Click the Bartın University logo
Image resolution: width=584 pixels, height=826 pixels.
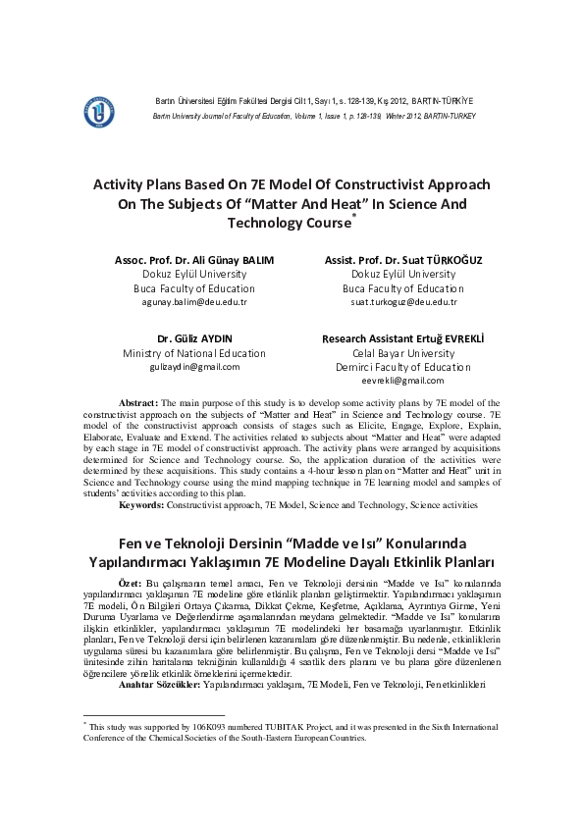pos(99,113)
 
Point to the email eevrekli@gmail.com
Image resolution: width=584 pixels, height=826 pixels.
pos(402,380)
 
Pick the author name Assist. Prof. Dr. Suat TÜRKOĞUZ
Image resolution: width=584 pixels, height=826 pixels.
pos(402,260)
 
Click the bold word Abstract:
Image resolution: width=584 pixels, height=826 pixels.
pos(138,403)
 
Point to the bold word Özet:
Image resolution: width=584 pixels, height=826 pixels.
pos(131,583)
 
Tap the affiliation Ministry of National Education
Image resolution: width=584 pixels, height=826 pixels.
pos(193,353)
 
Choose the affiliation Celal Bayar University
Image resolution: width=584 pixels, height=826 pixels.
pos(402,353)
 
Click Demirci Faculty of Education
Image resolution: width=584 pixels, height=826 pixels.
pos(402,366)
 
